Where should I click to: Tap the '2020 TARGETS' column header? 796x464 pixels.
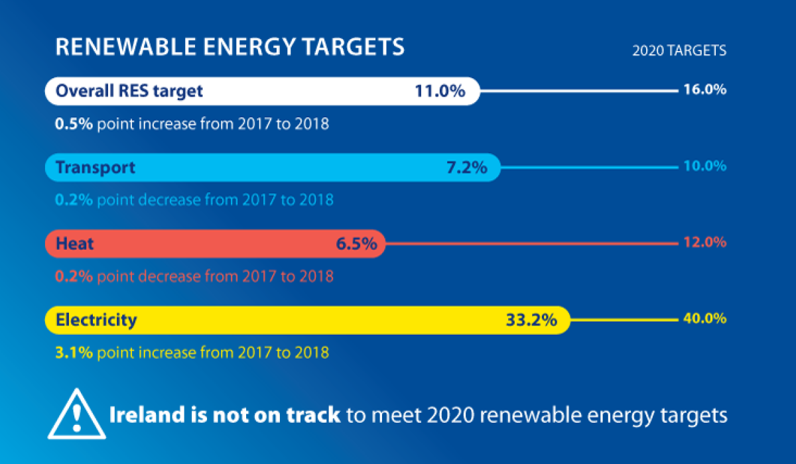679,50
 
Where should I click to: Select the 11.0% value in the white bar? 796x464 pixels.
440,91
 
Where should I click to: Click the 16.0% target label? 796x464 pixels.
704,89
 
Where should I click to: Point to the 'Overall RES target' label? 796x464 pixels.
129,91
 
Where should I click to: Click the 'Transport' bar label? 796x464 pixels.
96,167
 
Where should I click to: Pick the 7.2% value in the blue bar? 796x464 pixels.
466,168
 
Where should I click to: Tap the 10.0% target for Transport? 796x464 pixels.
704,166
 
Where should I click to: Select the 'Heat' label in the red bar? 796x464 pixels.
75,243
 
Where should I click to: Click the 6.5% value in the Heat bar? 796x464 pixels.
356,244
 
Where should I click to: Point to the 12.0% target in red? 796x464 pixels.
704,242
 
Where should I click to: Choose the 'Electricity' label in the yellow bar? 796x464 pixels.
96,320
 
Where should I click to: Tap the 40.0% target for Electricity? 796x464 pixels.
704,319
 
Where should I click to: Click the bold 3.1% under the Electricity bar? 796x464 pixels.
74,352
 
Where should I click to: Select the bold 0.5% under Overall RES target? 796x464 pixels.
74,123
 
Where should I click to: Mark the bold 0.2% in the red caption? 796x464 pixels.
74,276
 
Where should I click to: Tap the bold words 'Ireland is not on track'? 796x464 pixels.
224,416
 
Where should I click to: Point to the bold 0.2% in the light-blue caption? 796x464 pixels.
74,200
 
